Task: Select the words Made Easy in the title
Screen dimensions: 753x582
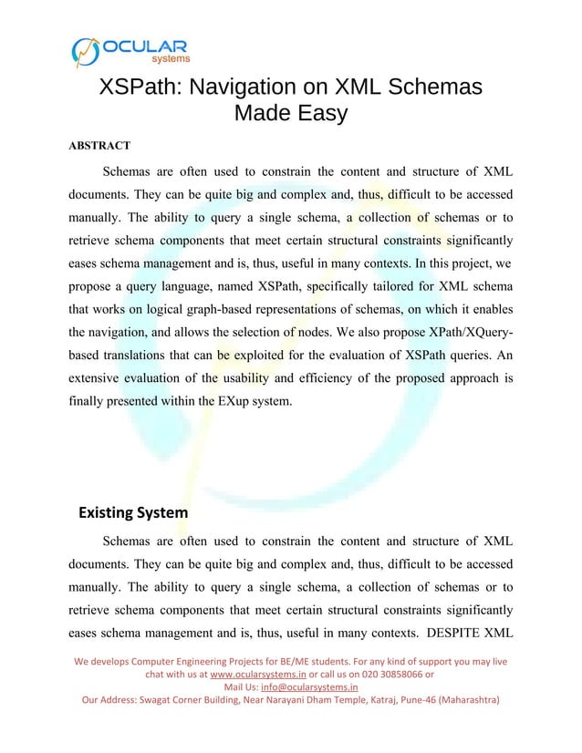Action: [291, 114]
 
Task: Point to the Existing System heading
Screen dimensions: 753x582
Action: [133, 512]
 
